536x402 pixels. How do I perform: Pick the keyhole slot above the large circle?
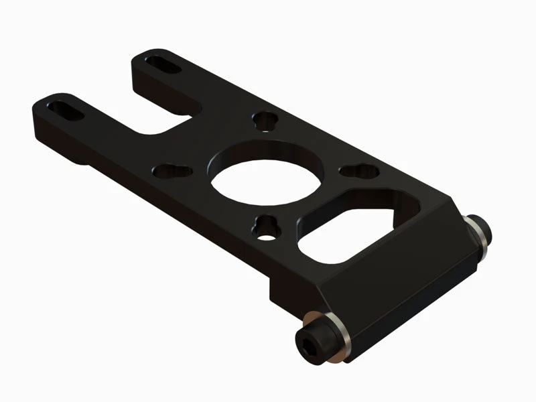[x=265, y=122]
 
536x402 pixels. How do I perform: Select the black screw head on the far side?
[x=481, y=231]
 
